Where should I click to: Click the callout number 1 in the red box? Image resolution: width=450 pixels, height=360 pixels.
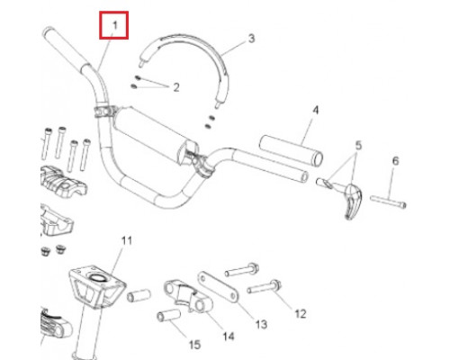click(x=114, y=25)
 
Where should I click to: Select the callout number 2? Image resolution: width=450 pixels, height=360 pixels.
click(x=176, y=87)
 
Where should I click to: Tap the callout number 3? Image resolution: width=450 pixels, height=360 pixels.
click(x=251, y=39)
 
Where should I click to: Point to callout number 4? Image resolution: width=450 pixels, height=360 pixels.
click(x=316, y=110)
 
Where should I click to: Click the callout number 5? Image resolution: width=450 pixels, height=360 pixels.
click(x=358, y=146)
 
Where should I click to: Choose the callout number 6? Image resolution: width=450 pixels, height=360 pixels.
click(x=396, y=161)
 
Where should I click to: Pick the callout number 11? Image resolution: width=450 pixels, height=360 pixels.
click(x=127, y=240)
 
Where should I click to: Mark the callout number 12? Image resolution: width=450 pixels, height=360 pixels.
click(x=301, y=314)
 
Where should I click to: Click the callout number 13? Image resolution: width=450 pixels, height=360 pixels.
click(x=261, y=324)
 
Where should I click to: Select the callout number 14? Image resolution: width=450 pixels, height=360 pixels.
click(x=229, y=337)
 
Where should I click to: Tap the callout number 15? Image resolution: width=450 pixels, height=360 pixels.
click(x=194, y=345)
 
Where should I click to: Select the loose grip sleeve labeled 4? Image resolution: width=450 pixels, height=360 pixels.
click(x=291, y=150)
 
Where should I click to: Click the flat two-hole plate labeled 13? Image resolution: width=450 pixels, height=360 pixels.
click(x=218, y=287)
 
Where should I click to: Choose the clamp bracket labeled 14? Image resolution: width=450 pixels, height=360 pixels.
click(x=187, y=295)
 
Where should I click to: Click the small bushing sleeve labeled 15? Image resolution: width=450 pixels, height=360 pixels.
click(x=169, y=316)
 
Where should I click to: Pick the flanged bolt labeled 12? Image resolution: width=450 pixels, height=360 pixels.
click(x=265, y=287)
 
